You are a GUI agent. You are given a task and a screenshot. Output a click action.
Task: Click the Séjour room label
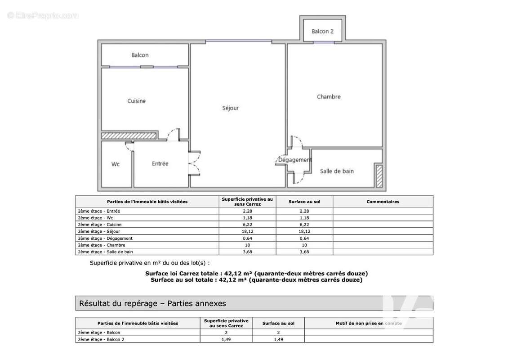230,108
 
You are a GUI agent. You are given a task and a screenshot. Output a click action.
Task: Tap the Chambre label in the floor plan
329,97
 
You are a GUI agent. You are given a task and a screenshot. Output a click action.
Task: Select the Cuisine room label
136,101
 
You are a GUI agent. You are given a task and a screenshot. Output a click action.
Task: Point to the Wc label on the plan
116,164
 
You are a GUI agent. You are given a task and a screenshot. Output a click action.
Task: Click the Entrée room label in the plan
160,163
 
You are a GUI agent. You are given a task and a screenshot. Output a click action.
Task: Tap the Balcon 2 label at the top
323,31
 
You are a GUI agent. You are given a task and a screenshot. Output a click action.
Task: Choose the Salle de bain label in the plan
337,171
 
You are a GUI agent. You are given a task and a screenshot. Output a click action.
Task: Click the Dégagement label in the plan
294,160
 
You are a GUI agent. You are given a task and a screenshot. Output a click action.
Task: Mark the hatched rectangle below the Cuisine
129,135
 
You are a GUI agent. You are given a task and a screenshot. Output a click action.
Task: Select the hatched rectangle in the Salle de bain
379,176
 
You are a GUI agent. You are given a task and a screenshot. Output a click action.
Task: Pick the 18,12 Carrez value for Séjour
247,231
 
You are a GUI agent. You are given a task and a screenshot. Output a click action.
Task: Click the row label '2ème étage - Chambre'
101,245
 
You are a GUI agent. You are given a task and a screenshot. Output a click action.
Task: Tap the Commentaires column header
383,202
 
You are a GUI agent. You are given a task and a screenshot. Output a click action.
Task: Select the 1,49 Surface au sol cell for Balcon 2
279,339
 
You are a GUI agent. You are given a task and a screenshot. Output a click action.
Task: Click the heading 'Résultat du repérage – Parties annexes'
152,303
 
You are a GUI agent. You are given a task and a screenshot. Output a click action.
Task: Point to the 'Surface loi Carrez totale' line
256,273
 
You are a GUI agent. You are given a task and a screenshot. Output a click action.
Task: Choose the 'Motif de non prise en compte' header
368,323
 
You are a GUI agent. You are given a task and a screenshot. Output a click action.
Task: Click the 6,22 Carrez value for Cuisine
247,225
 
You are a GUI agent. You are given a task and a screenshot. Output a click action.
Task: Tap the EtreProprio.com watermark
43,16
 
